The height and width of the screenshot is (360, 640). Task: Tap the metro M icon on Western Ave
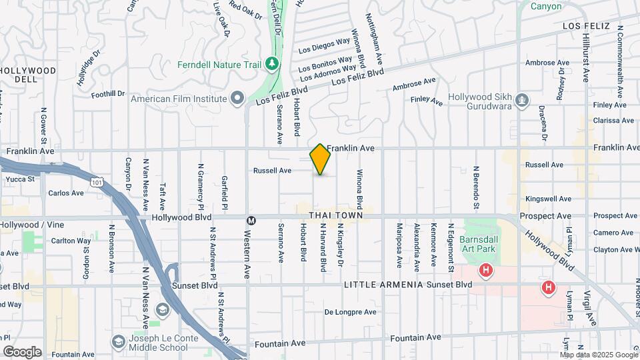coord(251,221)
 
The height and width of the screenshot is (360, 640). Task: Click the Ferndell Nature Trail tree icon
coord(271,64)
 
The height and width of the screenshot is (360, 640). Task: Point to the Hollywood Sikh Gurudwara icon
coord(523,101)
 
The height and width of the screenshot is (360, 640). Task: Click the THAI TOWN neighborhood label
coord(335,215)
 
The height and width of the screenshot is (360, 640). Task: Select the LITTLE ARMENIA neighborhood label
coord(383,285)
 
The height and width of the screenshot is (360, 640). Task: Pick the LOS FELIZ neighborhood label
coord(587,26)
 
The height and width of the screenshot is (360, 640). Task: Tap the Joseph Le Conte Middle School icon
coord(118,341)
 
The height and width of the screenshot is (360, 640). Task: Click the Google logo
coord(22,351)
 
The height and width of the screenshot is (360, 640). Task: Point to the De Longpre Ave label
coord(350,311)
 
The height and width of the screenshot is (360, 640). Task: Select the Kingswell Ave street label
coord(548,199)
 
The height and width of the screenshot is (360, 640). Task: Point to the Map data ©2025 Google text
coord(599,353)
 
